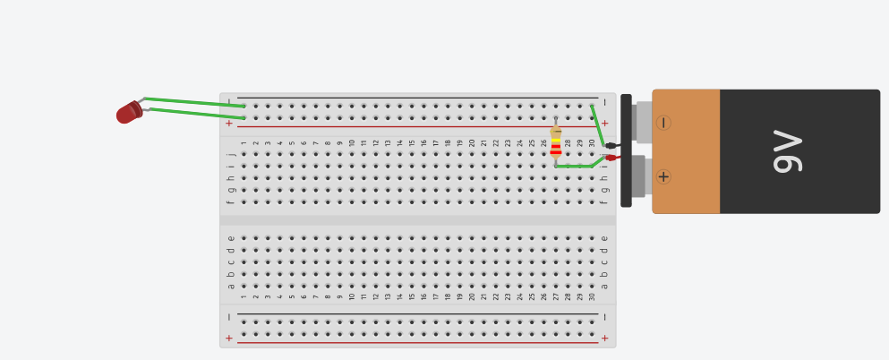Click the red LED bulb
pos(129,112)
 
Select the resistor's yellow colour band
pos(556,140)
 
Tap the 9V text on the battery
pos(788,150)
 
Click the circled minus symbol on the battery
pos(662,123)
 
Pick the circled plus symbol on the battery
pos(663,177)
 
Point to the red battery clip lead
pos(613,158)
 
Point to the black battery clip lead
pos(612,146)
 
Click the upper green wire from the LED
pos(194,102)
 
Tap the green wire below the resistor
pos(579,166)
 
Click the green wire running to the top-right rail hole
pos(597,125)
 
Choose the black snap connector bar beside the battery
pos(626,150)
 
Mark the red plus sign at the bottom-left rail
pos(229,339)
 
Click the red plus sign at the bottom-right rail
pos(604,339)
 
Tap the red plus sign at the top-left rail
pos(229,123)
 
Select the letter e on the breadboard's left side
pos(230,238)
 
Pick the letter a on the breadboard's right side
pos(604,287)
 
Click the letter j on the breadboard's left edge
pos(230,154)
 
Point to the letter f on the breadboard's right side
pos(604,201)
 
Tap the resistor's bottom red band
pos(556,152)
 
